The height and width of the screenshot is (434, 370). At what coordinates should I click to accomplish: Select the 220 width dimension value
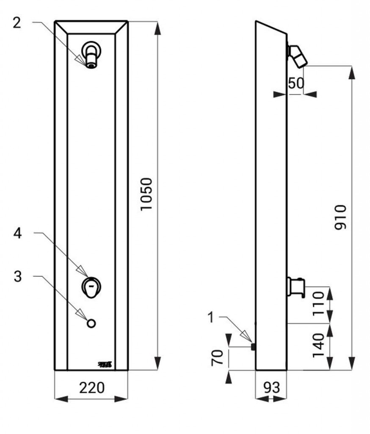click(x=92, y=387)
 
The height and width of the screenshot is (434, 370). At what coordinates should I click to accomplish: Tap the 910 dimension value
click(x=340, y=217)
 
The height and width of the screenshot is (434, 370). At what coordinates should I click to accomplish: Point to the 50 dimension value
click(x=296, y=83)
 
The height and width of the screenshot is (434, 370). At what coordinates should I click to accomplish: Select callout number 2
click(x=17, y=22)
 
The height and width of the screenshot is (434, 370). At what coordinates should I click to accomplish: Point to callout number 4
click(x=17, y=233)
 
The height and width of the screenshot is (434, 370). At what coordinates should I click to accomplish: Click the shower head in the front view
click(x=91, y=54)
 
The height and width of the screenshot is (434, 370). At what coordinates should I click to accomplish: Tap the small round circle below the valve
click(x=91, y=323)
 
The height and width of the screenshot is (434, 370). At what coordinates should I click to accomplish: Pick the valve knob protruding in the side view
click(x=295, y=287)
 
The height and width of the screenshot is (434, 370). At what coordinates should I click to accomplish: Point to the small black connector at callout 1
click(x=253, y=347)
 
